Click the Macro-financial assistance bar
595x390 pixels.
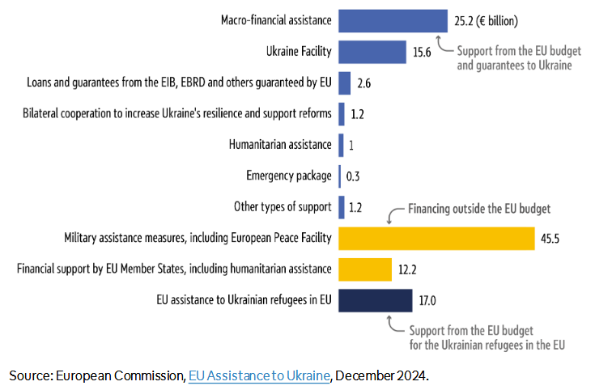click(392, 20)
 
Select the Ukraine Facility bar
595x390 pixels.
click(372, 52)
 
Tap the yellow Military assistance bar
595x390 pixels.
click(436, 238)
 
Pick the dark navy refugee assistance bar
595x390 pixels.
click(375, 300)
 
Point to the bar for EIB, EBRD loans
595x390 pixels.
click(344, 83)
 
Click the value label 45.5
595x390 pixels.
click(551, 239)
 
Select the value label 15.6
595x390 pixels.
click(422, 53)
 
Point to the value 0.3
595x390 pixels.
click(353, 176)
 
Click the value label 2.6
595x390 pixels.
click(363, 83)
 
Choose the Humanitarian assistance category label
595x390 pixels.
click(280, 145)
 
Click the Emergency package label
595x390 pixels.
click(288, 176)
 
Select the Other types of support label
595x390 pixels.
click(283, 206)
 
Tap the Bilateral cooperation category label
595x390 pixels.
click(177, 113)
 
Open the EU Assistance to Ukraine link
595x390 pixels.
click(259, 375)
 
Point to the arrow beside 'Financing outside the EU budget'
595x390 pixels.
click(394, 214)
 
